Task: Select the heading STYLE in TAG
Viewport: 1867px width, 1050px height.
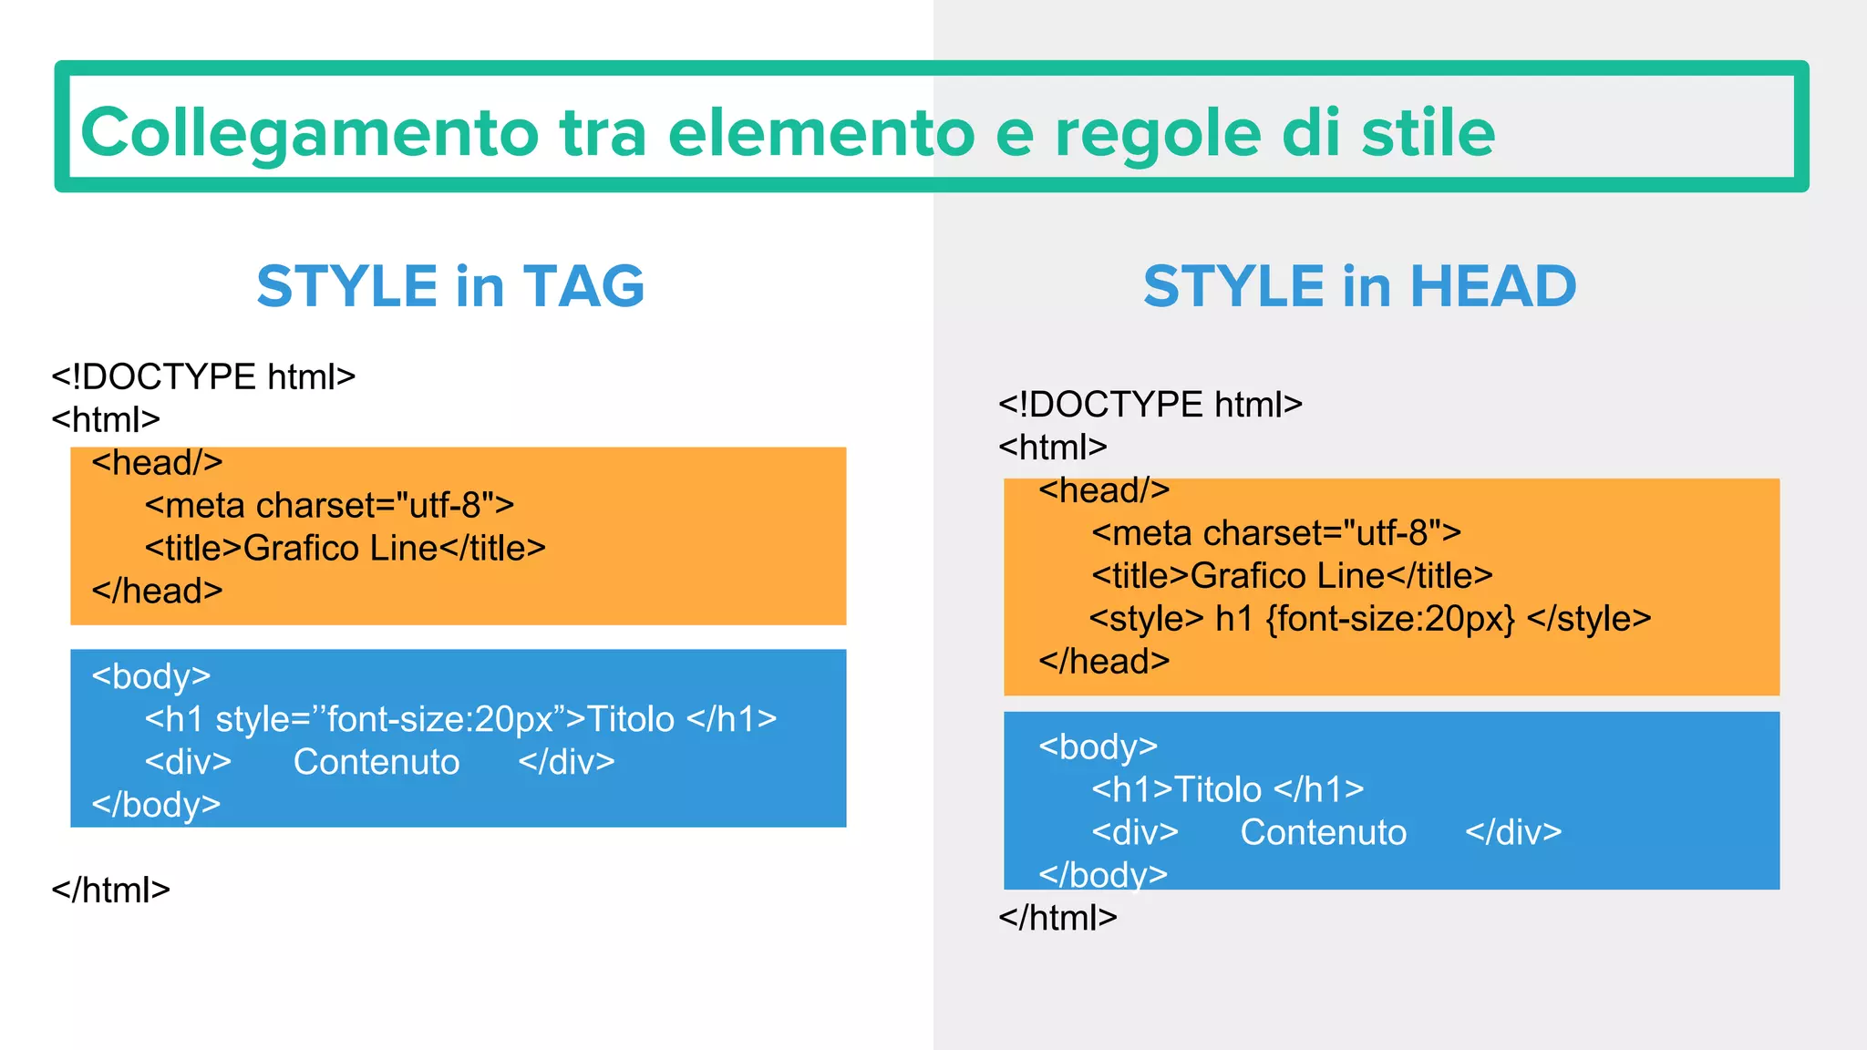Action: pyautogui.click(x=450, y=286)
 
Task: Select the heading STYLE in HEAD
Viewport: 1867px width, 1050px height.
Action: pyautogui.click(x=1359, y=286)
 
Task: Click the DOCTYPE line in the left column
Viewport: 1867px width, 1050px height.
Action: pyautogui.click(x=203, y=376)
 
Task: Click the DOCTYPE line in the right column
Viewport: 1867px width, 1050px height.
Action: pyautogui.click(x=1150, y=404)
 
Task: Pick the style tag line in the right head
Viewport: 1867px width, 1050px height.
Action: pyautogui.click(x=1369, y=619)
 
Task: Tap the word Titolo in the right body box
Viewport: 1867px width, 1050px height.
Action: pyautogui.click(x=1218, y=789)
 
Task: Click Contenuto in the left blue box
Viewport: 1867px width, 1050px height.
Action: pyautogui.click(x=376, y=762)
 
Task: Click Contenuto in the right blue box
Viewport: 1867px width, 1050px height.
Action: pyautogui.click(x=1323, y=832)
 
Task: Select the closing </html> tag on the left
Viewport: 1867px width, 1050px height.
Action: pyautogui.click(x=110, y=890)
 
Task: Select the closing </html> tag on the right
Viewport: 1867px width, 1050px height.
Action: pyautogui.click(x=1057, y=917)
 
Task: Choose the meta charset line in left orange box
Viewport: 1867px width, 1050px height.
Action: pyautogui.click(x=329, y=505)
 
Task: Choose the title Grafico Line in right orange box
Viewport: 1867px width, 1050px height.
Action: pyautogui.click(x=1292, y=576)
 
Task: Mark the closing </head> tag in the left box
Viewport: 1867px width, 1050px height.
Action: pyautogui.click(x=157, y=591)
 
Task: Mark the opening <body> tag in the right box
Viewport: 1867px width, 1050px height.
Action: pyautogui.click(x=1098, y=746)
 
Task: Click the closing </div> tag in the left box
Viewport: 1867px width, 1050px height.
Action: pyautogui.click(x=566, y=762)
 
